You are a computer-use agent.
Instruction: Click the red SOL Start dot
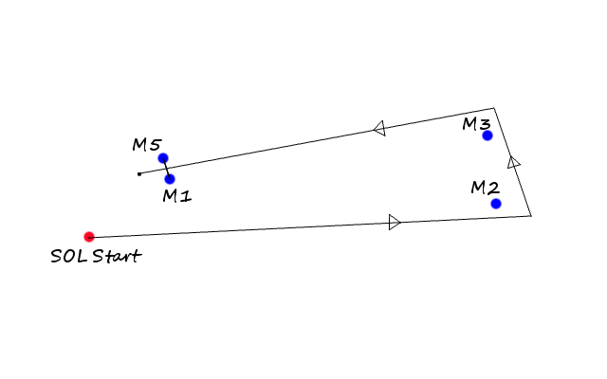[89, 237]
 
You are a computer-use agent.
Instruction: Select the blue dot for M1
[170, 179]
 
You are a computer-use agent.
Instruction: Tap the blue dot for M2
[496, 204]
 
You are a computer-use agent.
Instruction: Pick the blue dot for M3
[487, 135]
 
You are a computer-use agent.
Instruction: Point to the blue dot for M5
[163, 158]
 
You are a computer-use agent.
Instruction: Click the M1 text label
[177, 196]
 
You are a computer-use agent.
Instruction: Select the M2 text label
[486, 188]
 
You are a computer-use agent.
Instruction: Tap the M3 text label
[476, 124]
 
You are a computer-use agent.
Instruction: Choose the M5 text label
[146, 145]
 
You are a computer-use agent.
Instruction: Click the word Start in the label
[117, 256]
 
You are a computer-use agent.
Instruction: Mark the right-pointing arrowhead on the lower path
[395, 222]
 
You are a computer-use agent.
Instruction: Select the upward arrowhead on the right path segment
[513, 162]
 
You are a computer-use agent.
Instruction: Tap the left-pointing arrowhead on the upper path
[379, 129]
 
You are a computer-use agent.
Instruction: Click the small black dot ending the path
[139, 174]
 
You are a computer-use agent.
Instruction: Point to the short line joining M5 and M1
[167, 169]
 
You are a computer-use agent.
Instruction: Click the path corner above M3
[494, 108]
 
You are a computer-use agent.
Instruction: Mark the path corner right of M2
[531, 216]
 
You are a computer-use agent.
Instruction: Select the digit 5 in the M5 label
[155, 145]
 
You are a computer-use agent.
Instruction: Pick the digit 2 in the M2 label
[493, 188]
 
